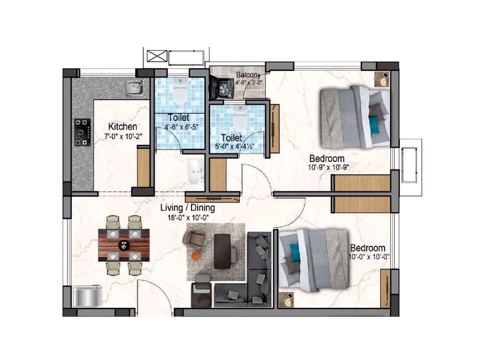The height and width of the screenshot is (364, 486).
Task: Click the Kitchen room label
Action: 122,126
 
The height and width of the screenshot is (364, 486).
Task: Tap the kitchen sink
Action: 135,88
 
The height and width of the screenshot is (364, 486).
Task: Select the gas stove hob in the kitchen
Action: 83,132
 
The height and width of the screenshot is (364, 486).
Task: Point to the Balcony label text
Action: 248,75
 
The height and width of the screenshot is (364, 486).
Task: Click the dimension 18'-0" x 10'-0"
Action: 188,217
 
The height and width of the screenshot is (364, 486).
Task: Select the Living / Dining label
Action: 187,208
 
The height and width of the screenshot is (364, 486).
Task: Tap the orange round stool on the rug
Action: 196,256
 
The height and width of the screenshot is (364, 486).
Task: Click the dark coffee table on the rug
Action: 222,251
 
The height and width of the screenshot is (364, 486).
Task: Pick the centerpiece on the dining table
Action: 124,245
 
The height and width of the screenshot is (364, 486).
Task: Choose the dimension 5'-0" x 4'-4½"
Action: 234,146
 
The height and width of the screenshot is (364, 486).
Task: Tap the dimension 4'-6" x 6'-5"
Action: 181,127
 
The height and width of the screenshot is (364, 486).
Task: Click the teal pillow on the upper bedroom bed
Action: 374,125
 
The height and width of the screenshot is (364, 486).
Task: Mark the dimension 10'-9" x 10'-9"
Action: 328,167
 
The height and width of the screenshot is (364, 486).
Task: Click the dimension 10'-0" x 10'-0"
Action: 368,257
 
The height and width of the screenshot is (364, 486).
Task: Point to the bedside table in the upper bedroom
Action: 382,79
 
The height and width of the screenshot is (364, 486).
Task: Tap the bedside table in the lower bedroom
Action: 286,300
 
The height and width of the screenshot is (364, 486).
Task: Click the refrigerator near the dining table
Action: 87,296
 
